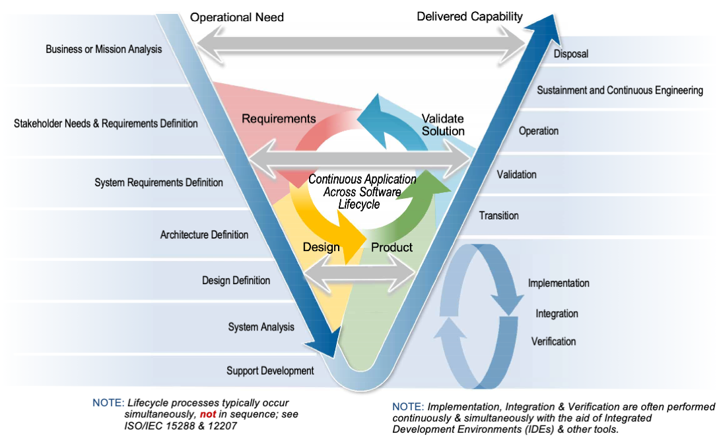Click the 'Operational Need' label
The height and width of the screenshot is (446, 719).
[237, 17]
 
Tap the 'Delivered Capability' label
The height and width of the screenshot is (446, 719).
[469, 17]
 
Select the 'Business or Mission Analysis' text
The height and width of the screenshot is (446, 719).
[104, 50]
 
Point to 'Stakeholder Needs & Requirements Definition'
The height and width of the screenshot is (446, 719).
[106, 124]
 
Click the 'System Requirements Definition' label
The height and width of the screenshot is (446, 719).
[158, 182]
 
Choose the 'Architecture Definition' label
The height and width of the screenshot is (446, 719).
[204, 235]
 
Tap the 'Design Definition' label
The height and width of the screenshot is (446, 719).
[236, 280]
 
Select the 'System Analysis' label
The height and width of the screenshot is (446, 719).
[261, 327]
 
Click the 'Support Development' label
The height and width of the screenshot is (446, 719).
[270, 371]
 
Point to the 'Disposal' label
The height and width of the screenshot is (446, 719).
[570, 54]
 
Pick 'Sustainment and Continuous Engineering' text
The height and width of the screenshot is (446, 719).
[619, 90]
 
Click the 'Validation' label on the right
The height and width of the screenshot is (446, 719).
[516, 175]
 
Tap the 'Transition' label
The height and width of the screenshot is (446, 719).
[498, 215]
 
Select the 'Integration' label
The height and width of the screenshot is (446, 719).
[557, 313]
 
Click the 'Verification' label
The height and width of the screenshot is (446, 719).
[553, 342]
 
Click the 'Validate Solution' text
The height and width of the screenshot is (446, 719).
[443, 125]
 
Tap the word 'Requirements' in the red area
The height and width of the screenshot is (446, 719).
[279, 119]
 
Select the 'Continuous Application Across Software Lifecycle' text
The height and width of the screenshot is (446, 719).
[362, 192]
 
